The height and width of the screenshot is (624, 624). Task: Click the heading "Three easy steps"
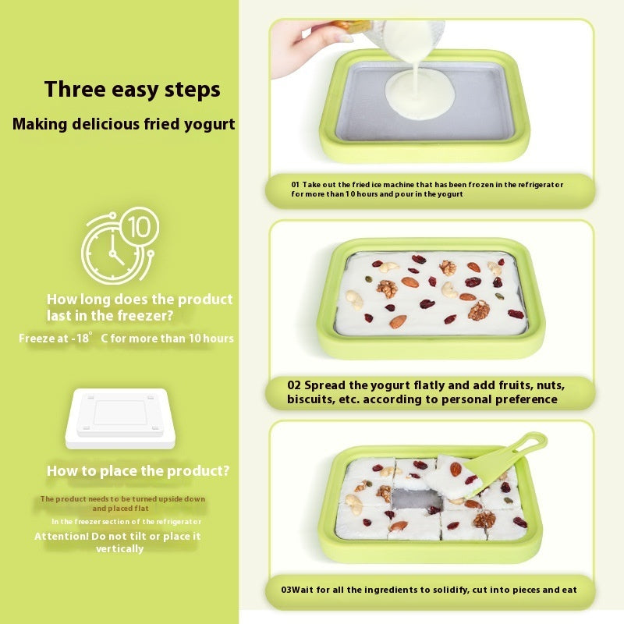(132, 89)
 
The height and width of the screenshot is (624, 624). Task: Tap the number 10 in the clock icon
(138, 227)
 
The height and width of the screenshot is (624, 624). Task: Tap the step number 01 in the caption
(296, 185)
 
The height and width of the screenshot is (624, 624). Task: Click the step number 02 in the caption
(294, 385)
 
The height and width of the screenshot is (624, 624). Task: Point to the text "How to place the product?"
(138, 471)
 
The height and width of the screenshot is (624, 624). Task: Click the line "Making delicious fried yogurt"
(123, 124)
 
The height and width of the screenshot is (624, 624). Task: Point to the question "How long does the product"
(140, 300)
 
